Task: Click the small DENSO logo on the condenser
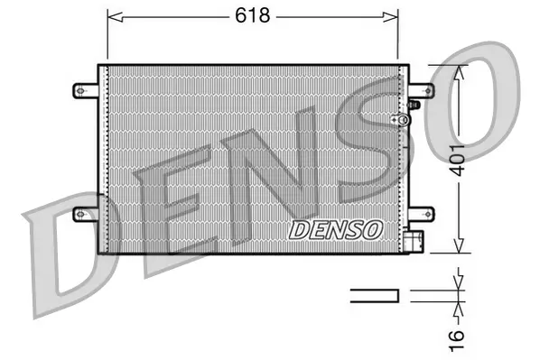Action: pyautogui.click(x=335, y=230)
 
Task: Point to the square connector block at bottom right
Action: pyautogui.click(x=413, y=242)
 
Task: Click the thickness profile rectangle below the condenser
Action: pyautogui.click(x=375, y=294)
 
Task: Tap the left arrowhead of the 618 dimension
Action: pyautogui.click(x=113, y=15)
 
